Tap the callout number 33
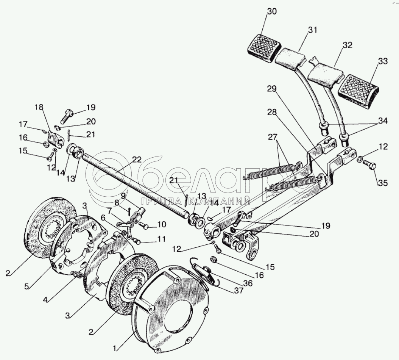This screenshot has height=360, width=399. (382, 61)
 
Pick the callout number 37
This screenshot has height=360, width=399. (238, 290)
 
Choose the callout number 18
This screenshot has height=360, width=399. (39, 107)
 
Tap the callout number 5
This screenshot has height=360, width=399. (27, 286)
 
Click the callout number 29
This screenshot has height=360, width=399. (272, 89)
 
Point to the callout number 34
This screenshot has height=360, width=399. (382, 121)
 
